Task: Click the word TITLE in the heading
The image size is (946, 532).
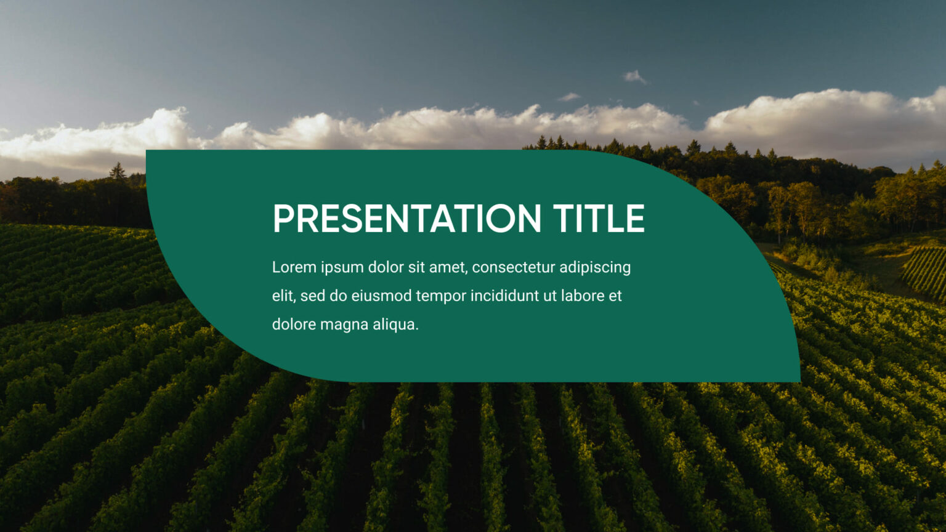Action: click(x=598, y=219)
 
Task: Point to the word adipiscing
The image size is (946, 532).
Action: click(x=595, y=268)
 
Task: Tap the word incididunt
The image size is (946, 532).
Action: click(x=504, y=296)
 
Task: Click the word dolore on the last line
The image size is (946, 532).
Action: click(x=294, y=324)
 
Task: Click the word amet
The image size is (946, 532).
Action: click(x=449, y=267)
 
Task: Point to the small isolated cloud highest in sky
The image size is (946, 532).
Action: click(x=634, y=77)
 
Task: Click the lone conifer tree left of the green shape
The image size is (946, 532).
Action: click(x=117, y=172)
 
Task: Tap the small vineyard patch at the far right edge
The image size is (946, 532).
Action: click(x=927, y=272)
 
